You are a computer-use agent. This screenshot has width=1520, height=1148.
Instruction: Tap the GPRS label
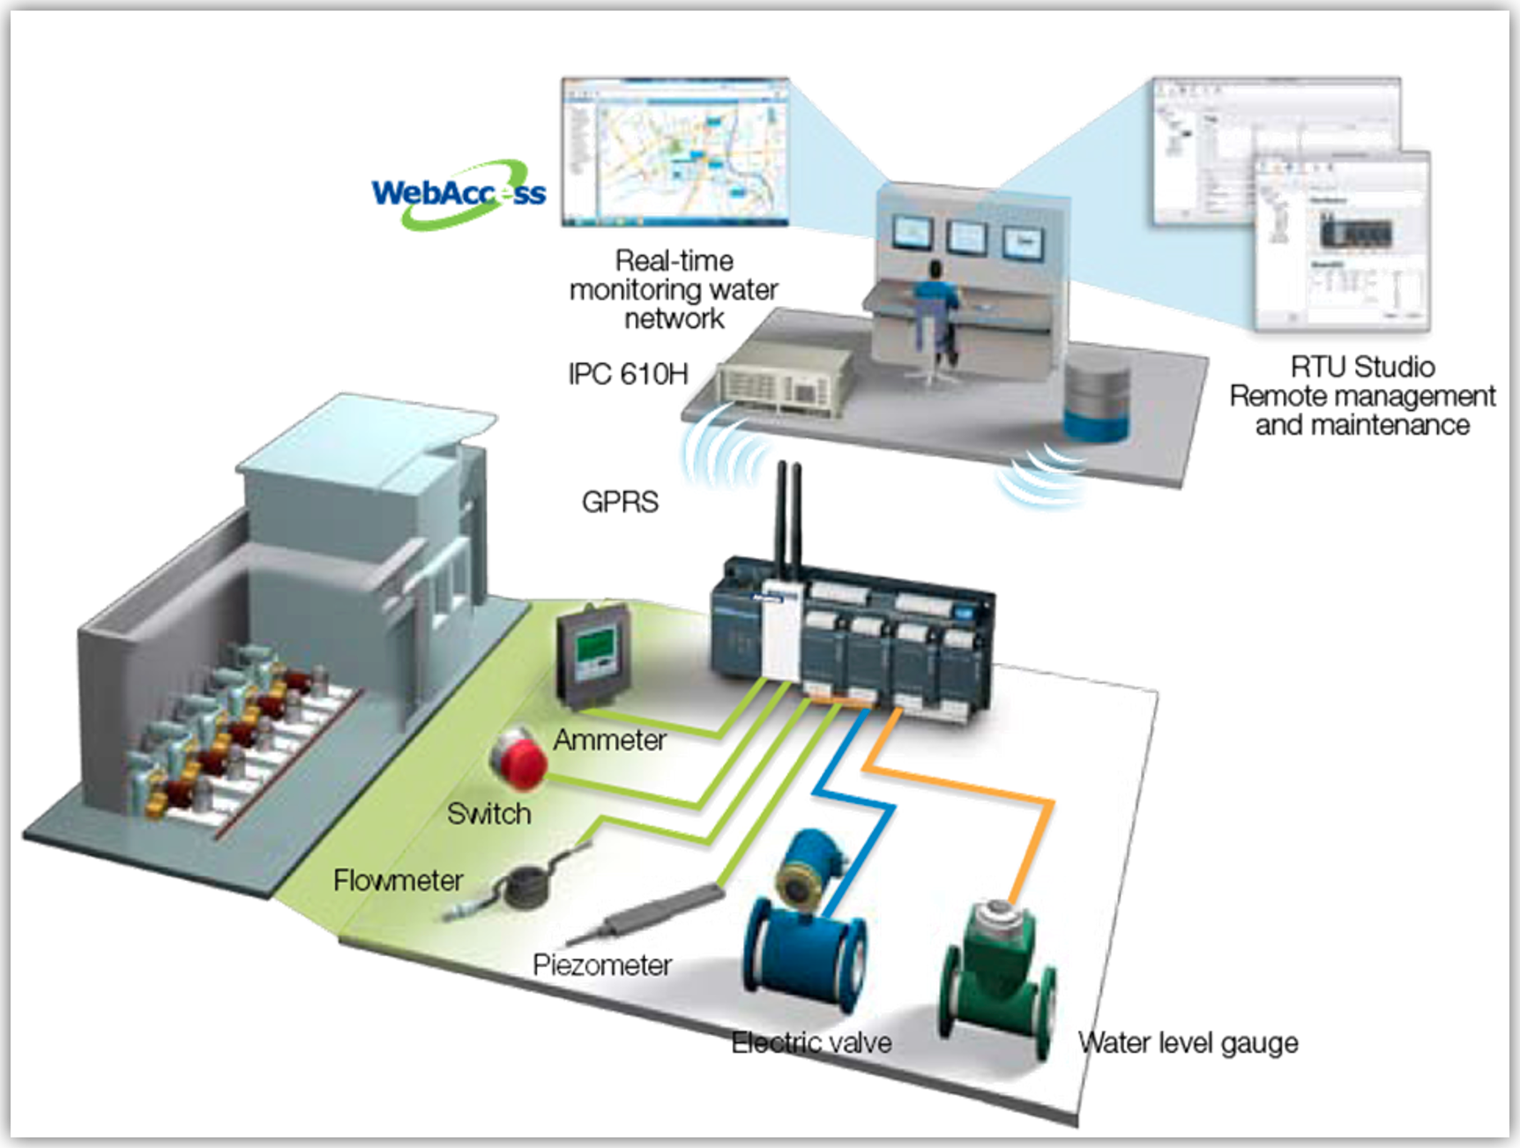[x=620, y=502]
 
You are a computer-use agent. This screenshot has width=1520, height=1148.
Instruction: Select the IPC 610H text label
[x=628, y=374]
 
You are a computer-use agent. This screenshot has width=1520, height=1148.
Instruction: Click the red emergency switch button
[x=519, y=759]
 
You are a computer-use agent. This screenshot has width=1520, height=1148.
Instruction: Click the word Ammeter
[x=609, y=740]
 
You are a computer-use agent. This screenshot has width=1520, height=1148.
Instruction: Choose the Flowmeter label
[x=398, y=880]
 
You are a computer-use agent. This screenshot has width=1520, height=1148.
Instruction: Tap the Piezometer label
[x=602, y=965]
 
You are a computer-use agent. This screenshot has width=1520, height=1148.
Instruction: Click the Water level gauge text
[x=1188, y=1043]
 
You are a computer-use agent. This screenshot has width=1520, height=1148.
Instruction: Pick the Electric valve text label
[x=811, y=1043]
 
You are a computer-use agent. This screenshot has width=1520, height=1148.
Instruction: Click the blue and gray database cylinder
[x=1096, y=401]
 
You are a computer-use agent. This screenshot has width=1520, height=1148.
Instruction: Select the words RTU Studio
[x=1362, y=367]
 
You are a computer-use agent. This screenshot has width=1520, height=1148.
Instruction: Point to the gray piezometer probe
[x=652, y=913]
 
